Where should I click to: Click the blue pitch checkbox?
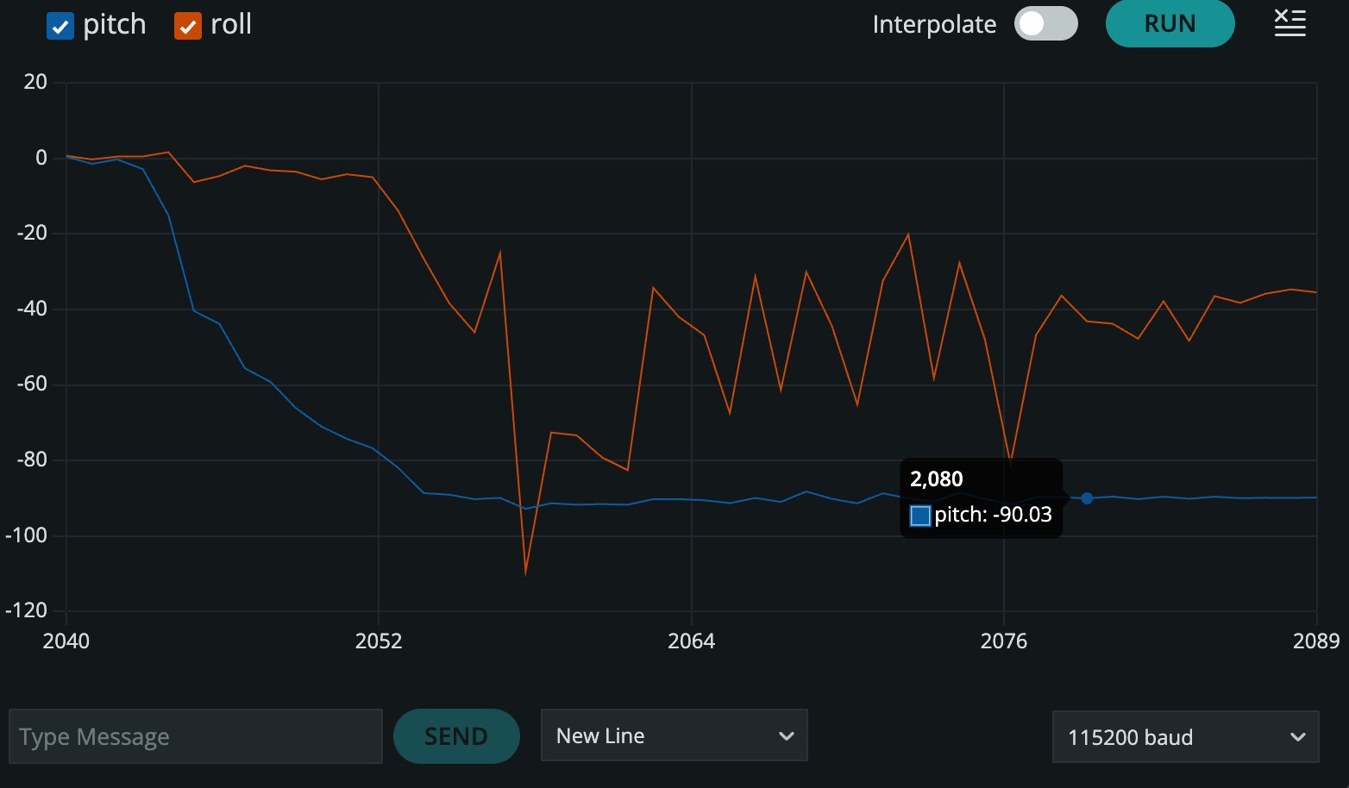(x=60, y=26)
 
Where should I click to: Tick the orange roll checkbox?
(x=188, y=26)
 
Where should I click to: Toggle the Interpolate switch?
(x=1046, y=24)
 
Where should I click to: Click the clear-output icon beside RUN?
(x=1290, y=23)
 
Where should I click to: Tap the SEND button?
(x=456, y=736)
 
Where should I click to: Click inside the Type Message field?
(x=196, y=736)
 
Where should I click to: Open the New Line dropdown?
(x=674, y=735)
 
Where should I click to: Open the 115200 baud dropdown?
(x=1186, y=737)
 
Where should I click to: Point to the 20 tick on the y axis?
(x=35, y=82)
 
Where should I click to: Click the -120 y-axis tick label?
(x=27, y=610)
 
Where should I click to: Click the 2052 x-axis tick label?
(x=379, y=641)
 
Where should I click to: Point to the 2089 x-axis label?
(x=1316, y=641)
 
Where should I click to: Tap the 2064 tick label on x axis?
(x=692, y=641)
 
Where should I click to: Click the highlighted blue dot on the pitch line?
(x=1087, y=498)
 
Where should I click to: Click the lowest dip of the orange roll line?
(x=526, y=575)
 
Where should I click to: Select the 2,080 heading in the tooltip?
(x=937, y=479)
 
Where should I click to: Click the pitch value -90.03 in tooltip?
(x=1023, y=515)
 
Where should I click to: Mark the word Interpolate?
(x=935, y=25)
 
